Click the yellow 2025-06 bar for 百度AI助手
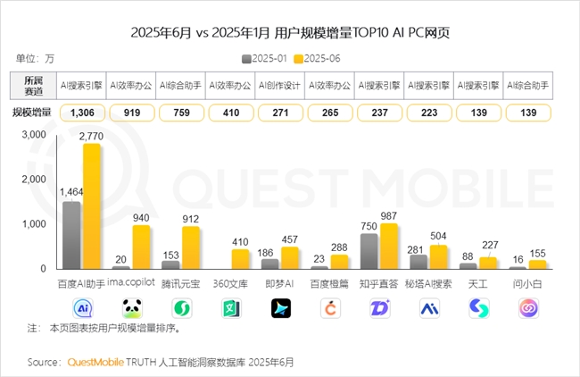[x=91, y=206]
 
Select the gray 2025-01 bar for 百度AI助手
[x=71, y=235]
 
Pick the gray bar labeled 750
[x=369, y=251]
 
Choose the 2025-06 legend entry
[x=319, y=58]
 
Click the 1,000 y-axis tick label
[x=35, y=223]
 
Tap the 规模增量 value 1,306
[x=81, y=113]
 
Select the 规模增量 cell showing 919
[x=131, y=113]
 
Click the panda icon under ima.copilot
[x=132, y=308]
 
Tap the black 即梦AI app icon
[x=281, y=308]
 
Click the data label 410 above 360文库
[x=239, y=241]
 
